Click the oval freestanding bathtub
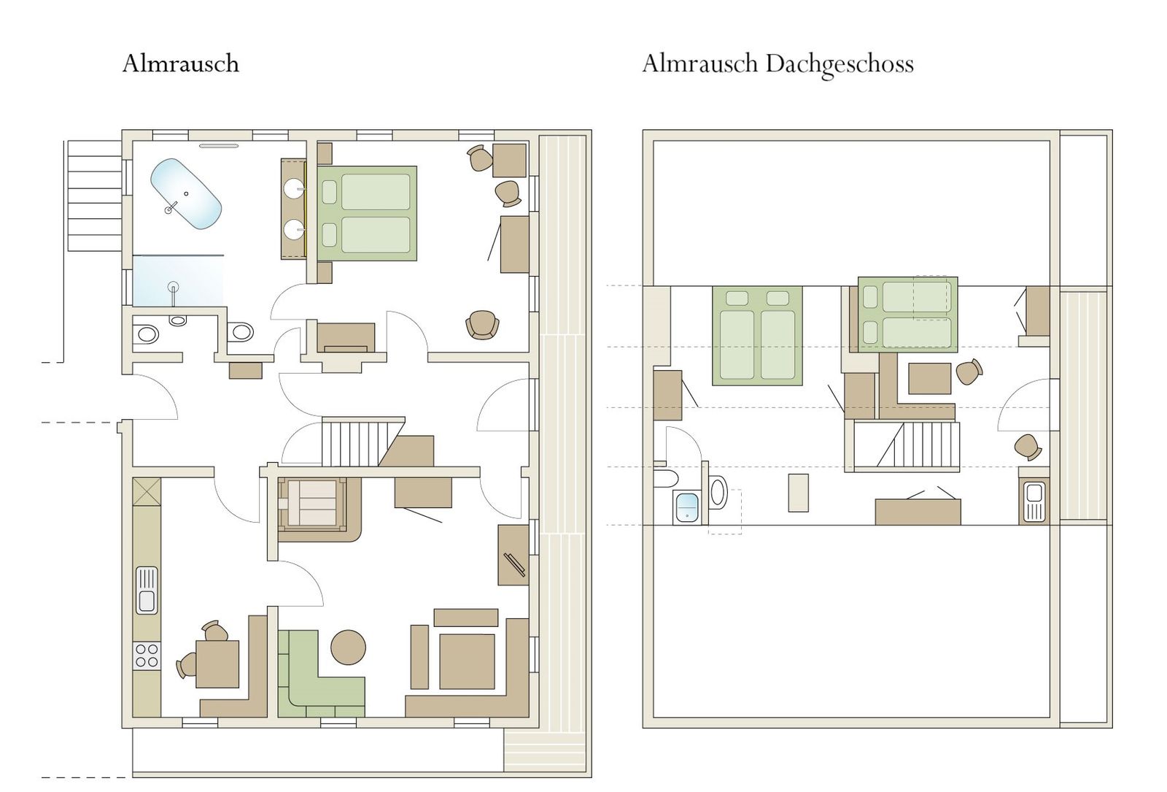(x=186, y=193)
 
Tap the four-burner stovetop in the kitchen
(x=147, y=656)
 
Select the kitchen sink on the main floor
(x=147, y=591)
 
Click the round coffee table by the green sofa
(x=348, y=647)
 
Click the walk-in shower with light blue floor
(x=178, y=280)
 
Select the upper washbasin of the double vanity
(x=294, y=188)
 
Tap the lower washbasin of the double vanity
(x=294, y=229)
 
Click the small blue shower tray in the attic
(x=686, y=507)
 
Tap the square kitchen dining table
(x=217, y=664)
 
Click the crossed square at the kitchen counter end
(x=147, y=491)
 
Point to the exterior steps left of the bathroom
(x=95, y=196)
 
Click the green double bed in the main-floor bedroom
(x=367, y=213)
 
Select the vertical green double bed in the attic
(x=757, y=336)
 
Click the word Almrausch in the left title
(x=181, y=64)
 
